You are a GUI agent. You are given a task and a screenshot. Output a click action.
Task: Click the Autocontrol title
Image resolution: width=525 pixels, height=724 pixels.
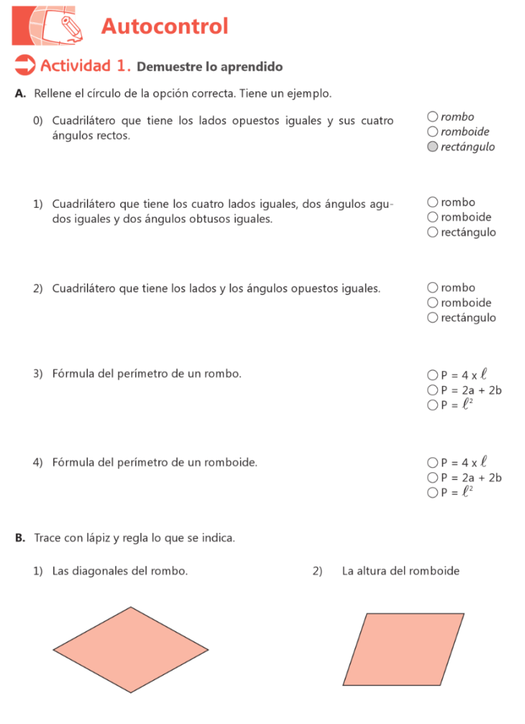[165, 27]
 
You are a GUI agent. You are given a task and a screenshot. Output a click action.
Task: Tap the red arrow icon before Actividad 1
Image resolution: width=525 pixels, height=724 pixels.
[25, 66]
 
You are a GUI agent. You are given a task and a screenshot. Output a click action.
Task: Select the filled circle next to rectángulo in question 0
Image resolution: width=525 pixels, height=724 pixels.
[432, 147]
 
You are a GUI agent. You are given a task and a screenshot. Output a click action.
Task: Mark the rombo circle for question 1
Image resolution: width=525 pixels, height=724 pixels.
[432, 202]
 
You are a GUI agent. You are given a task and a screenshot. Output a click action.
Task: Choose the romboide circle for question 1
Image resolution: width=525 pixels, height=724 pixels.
[432, 217]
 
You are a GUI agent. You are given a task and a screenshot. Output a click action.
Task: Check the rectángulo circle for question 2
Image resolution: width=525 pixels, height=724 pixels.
[432, 317]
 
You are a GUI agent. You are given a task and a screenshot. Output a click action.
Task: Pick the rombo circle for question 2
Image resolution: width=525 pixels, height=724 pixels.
[432, 288]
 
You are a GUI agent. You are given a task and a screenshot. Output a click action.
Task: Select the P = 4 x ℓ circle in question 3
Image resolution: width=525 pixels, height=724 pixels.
[432, 375]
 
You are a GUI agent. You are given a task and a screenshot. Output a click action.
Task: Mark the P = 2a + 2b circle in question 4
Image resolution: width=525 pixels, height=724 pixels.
[432, 477]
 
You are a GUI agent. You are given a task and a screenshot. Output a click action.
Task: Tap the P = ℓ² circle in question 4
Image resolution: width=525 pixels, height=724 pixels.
[432, 492]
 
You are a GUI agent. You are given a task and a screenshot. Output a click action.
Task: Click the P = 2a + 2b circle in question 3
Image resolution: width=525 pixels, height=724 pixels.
[432, 390]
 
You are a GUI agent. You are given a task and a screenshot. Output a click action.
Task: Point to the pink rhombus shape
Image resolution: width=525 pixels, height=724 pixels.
[131, 650]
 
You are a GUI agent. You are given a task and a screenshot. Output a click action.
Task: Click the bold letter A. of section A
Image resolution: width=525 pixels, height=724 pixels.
[20, 93]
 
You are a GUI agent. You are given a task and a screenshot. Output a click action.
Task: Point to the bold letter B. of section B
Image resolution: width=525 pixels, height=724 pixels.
[20, 538]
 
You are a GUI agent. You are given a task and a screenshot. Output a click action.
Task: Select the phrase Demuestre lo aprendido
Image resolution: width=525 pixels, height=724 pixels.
[210, 67]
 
